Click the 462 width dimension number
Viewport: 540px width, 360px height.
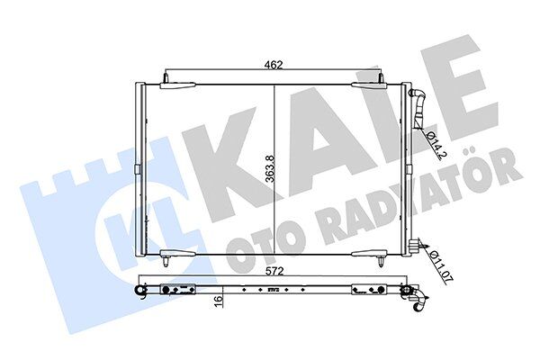click(274, 64)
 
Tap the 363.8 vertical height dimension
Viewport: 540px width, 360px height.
click(283, 167)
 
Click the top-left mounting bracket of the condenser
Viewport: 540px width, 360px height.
click(176, 85)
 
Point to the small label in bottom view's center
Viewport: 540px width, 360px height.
click(274, 290)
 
